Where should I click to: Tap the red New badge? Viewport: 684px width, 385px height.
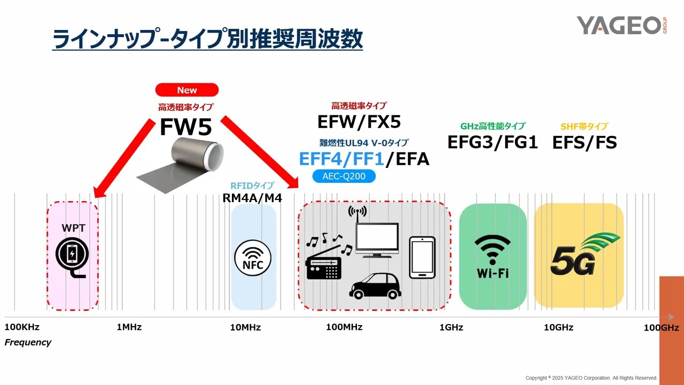click(x=187, y=90)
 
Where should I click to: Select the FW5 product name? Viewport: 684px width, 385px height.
click(x=186, y=127)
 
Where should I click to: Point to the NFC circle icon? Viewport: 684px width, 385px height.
click(x=253, y=259)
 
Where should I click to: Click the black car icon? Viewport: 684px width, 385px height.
click(x=375, y=286)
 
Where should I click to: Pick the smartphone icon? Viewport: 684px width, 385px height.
click(x=422, y=257)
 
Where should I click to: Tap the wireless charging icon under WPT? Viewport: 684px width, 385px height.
click(x=73, y=257)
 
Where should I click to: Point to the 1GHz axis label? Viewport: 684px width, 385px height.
click(x=451, y=327)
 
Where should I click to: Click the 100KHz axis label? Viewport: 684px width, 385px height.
click(x=22, y=327)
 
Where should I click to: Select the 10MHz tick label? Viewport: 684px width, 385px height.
click(x=245, y=327)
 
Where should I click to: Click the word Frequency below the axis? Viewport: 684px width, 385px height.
click(x=28, y=342)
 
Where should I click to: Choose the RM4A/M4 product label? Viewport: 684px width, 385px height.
click(x=252, y=198)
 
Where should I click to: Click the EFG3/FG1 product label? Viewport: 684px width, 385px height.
click(x=493, y=142)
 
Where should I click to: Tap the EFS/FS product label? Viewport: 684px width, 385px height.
click(x=585, y=142)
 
